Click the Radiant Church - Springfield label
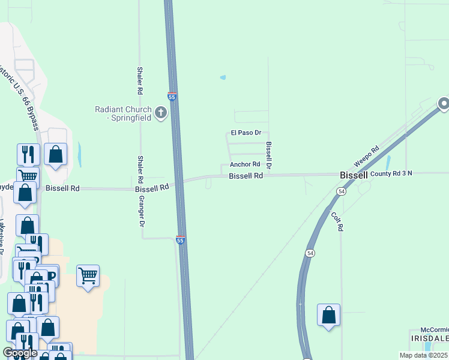click(x=122, y=113)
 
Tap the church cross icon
click(x=160, y=112)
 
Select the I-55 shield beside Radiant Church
click(x=172, y=96)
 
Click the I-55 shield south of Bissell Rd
click(x=181, y=241)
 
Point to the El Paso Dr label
click(x=246, y=133)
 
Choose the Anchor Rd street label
click(x=245, y=164)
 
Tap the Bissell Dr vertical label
click(x=269, y=155)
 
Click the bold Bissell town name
click(x=354, y=175)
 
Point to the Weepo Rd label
click(x=366, y=157)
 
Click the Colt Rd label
click(x=336, y=221)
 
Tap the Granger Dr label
click(x=143, y=211)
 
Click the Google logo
click(x=20, y=353)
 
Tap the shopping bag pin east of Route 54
click(x=328, y=316)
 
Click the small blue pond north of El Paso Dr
click(x=223, y=77)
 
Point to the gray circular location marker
click(x=444, y=104)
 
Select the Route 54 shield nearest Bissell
click(x=341, y=191)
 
